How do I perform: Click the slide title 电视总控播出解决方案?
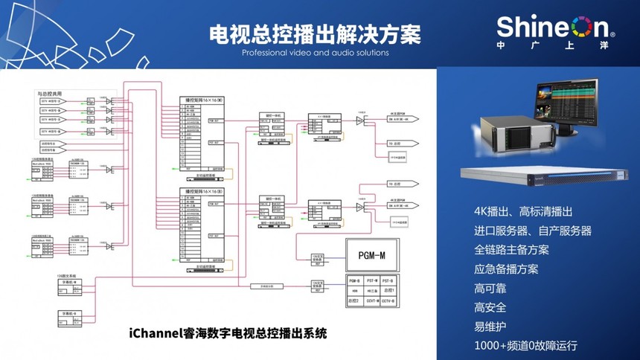point(315,34)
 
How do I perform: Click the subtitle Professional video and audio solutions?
point(315,53)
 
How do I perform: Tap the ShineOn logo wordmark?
point(554,28)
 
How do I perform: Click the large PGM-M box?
point(371,254)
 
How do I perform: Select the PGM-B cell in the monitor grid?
point(354,280)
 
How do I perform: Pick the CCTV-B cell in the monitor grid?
point(388,301)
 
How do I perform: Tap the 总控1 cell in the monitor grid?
point(388,291)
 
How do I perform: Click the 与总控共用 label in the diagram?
point(51,94)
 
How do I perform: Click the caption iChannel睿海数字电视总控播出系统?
point(228,333)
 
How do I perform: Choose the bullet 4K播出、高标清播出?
point(524,211)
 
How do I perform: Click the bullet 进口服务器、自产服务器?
point(532,231)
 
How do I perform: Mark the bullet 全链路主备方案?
point(511,250)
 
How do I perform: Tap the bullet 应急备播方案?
point(505,269)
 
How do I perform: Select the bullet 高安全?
point(490,307)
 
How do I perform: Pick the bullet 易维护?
point(490,327)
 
